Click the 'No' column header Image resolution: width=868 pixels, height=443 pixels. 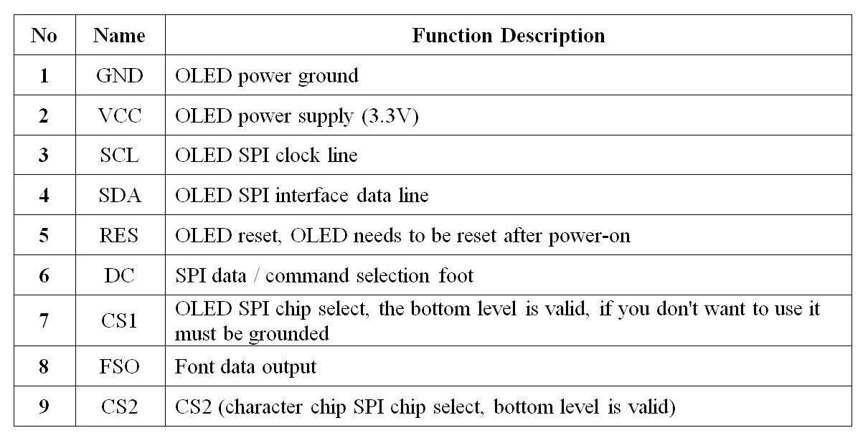pos(44,35)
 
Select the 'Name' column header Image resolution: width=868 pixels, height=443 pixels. pos(119,35)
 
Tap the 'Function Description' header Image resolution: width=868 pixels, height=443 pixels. pos(509,36)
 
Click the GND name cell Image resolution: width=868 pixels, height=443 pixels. pos(120,75)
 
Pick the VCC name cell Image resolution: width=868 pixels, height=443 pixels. pos(120,115)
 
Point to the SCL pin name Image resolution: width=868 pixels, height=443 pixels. pos(119,156)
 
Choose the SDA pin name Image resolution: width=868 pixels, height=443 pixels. pos(120,195)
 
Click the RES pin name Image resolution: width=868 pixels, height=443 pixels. pos(119,235)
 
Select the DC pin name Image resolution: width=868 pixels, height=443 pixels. pos(119,276)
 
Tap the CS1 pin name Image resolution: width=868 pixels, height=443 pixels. pos(119,320)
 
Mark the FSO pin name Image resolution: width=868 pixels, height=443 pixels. pos(119,366)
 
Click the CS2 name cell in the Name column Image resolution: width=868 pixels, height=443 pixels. pos(119,406)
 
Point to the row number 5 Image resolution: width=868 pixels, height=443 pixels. pos(44,235)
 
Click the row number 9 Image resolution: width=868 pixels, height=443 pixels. pos(44,406)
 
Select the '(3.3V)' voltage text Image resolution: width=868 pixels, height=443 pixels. pos(390,116)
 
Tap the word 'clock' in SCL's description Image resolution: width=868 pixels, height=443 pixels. pos(298,156)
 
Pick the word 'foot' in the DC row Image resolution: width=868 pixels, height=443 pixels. pos(456,275)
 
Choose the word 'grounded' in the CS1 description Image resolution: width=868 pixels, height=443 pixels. pos(288,334)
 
